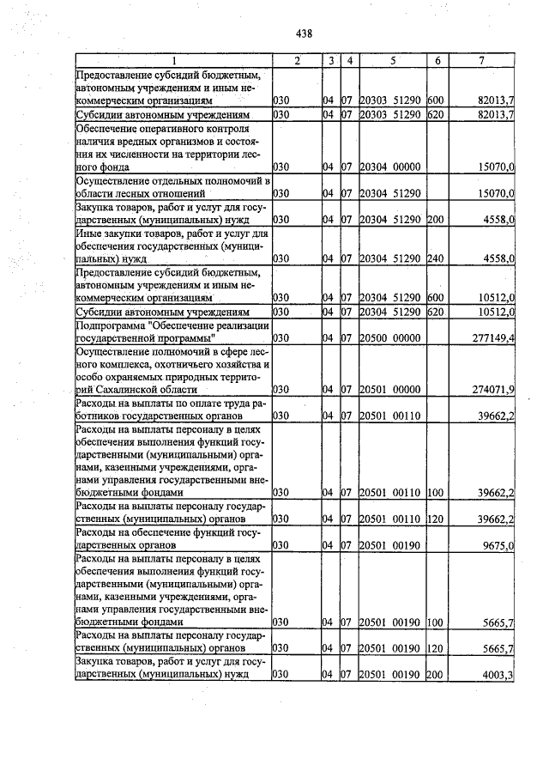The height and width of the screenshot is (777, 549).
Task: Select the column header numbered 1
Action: tap(173, 60)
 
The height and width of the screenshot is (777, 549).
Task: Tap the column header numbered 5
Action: tap(391, 60)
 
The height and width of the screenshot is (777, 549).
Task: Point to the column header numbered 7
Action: tap(482, 60)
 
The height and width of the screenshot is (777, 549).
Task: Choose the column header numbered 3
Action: tap(330, 60)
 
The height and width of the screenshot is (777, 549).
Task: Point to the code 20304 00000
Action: tap(389, 166)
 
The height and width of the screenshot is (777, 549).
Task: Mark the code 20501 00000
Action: tap(389, 390)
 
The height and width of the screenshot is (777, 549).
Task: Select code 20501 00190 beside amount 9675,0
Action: tap(389, 544)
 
